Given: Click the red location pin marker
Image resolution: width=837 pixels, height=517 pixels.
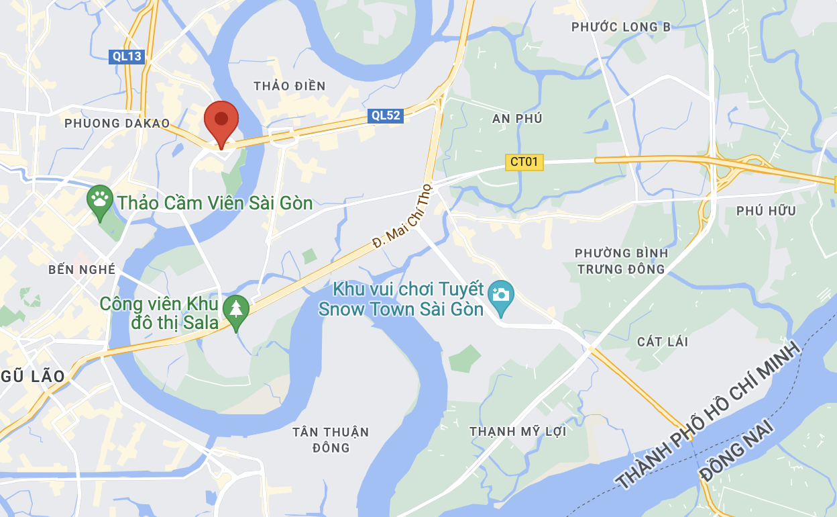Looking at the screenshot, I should coord(221,122).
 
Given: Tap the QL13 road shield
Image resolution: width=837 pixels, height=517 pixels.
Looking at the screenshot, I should coord(127,56).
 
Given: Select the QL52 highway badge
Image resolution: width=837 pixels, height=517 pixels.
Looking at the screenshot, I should coord(386,115).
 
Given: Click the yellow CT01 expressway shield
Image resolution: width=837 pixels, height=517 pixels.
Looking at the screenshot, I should coord(524,162).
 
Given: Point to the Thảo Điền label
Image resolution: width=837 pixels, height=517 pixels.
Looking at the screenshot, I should coord(290,86).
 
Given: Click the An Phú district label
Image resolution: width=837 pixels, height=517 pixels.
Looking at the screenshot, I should coord(517,119).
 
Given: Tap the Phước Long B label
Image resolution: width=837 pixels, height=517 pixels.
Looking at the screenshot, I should coord(620,27).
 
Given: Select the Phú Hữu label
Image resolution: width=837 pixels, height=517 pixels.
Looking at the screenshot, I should coord(766,211).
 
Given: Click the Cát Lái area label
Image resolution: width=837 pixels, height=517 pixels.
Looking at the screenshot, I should coord(663,342).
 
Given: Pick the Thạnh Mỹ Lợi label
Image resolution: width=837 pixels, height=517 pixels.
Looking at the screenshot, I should coord(518,431).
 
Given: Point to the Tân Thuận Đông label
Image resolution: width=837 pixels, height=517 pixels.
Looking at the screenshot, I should coord(331,439).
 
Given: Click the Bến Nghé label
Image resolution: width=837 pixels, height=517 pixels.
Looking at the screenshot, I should coord(82,270).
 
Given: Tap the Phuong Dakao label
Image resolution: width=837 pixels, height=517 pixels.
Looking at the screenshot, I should coord(117,124).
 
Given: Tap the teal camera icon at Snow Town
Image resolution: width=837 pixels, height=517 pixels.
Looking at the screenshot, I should coord(500,295).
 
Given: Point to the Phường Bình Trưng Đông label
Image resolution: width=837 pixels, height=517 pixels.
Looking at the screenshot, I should coord(621,261).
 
